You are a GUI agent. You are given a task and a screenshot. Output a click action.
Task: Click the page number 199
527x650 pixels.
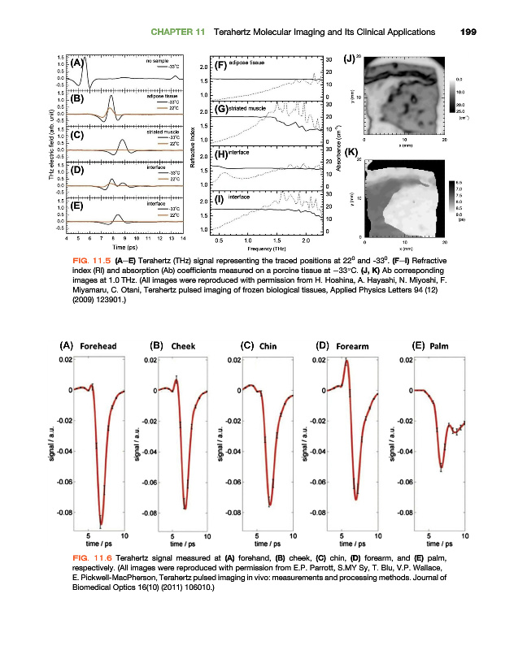[x=467, y=32]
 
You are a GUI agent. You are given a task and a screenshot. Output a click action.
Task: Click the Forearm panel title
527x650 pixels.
[x=352, y=347]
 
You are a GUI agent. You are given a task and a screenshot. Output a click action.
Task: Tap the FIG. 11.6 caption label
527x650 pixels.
[x=92, y=558]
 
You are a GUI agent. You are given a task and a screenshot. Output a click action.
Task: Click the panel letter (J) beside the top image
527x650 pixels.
[x=350, y=58]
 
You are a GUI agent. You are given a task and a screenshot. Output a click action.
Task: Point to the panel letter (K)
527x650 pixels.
[x=351, y=152]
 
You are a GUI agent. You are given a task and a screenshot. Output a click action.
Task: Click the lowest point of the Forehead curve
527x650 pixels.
[x=101, y=525]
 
